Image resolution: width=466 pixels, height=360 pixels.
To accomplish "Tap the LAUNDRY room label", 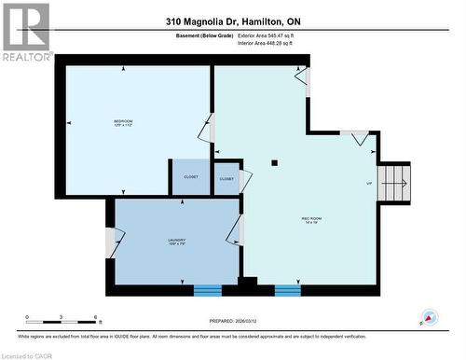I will tap(178, 242).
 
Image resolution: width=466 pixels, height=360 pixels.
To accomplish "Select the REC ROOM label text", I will tap(310, 222).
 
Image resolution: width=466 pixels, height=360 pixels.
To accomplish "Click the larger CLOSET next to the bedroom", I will tap(190, 176).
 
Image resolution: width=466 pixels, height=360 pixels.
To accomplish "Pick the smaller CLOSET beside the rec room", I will tap(226, 178).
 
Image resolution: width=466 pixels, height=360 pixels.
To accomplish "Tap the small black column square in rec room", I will tap(274, 163).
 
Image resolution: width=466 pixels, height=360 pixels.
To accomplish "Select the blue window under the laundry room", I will tap(207, 290).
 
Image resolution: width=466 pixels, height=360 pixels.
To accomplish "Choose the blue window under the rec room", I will tap(288, 290).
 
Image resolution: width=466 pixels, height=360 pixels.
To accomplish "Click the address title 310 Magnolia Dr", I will tap(232, 21).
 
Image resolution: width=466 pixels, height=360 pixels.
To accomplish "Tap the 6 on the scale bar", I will tap(98, 318).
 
